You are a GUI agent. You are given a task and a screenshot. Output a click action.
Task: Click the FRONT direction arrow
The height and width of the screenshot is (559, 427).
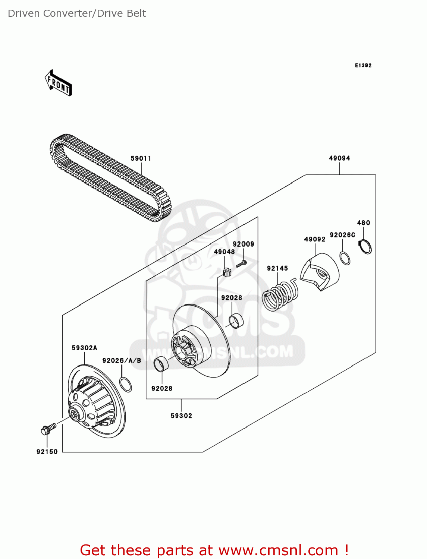coord(58,83)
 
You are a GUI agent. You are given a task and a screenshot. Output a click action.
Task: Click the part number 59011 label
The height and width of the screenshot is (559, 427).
coord(141,158)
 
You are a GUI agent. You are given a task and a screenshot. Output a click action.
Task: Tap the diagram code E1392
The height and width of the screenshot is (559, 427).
coord(363,65)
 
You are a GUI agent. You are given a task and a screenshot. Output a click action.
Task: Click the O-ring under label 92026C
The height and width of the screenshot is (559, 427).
coord(345,258)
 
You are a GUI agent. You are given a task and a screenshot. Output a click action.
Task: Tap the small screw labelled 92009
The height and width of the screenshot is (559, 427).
coord(241,264)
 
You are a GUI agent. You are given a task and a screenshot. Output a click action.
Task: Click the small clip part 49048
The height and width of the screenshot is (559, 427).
coord(226,272)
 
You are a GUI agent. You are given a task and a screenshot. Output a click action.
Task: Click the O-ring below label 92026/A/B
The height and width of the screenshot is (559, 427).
coord(126,384)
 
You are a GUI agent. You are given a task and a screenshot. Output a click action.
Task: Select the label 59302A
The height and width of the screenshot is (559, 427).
coord(84,348)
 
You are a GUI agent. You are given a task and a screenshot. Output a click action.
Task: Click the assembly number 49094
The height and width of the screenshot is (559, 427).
coord(339,158)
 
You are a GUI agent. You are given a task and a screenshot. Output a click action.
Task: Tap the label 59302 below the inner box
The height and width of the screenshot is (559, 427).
coord(181,416)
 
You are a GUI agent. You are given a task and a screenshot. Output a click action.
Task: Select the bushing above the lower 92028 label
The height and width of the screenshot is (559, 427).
coord(161,364)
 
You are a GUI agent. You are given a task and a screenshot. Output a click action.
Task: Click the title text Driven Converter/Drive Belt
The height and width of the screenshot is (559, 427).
coord(77,13)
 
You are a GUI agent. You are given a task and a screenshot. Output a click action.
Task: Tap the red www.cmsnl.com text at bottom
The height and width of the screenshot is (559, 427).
coord(278,550)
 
